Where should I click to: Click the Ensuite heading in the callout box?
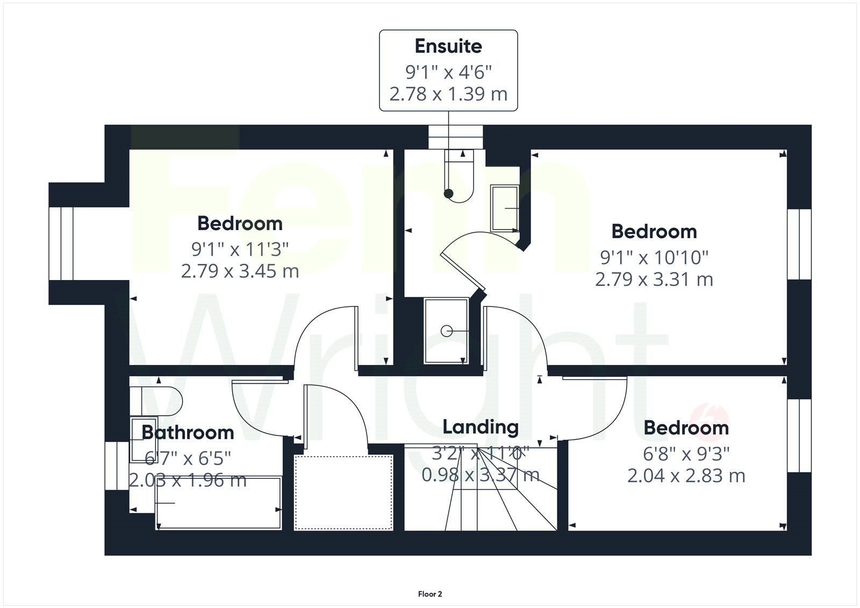(448, 46)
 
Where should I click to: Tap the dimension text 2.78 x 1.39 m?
(448, 94)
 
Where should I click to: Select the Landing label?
(481, 427)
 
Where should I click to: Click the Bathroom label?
(188, 433)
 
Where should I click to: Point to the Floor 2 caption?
(430, 594)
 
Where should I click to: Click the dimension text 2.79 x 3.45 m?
(240, 271)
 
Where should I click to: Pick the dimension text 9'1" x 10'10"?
(654, 257)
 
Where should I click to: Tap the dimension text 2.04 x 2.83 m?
(686, 476)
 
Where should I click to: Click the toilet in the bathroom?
(156, 401)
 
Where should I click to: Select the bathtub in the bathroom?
(218, 503)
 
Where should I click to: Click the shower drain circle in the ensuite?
(447, 331)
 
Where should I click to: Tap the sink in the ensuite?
(505, 208)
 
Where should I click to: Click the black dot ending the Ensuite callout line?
(448, 194)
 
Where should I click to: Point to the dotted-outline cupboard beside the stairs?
(343, 492)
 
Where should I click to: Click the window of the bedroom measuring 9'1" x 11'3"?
(61, 244)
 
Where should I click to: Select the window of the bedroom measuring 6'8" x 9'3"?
(799, 435)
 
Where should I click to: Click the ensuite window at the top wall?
(456, 137)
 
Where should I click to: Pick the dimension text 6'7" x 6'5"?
(188, 458)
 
